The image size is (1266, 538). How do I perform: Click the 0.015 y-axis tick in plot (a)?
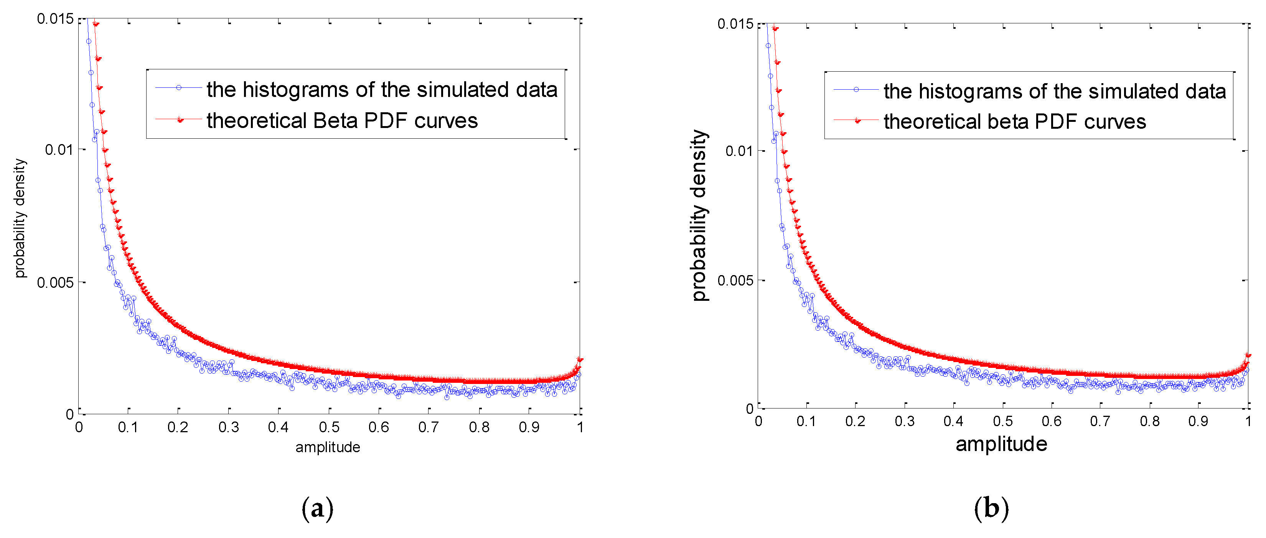coord(54,19)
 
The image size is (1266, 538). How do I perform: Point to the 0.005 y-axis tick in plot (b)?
coord(735,280)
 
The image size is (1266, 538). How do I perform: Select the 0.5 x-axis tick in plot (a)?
coord(329,427)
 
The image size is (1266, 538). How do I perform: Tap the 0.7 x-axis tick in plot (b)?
coord(1100,421)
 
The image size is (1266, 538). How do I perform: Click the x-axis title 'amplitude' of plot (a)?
coord(328,447)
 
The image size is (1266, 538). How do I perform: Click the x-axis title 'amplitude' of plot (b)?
coord(1001,444)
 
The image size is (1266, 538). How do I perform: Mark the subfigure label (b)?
coord(991,508)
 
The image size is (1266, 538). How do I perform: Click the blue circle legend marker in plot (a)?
coord(179,88)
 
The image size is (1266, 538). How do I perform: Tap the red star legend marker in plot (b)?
coord(857,120)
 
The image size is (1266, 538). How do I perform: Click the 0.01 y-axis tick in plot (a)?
coord(59,150)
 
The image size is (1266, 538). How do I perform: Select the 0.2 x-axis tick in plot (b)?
coord(855,421)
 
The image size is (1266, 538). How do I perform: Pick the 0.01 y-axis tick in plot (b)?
coord(739,151)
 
